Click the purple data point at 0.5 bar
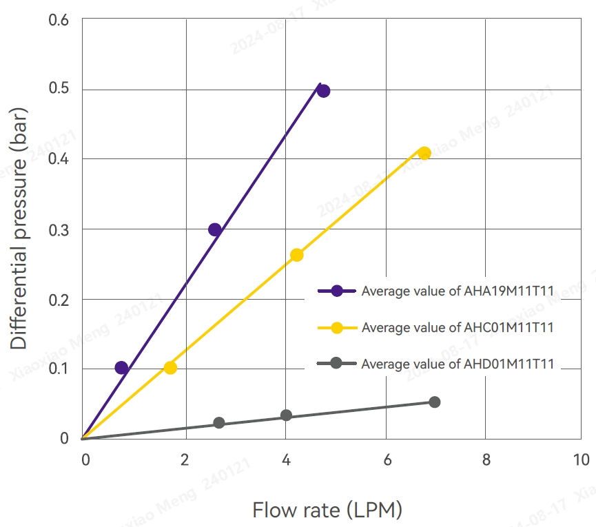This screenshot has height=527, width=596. (322, 91)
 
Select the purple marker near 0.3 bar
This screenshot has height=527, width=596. (215, 229)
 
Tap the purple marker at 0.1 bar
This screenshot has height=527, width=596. (121, 368)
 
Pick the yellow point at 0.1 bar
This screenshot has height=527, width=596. (170, 368)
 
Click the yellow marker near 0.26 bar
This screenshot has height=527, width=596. (297, 255)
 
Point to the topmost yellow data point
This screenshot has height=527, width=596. (424, 153)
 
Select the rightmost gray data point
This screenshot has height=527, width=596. (434, 402)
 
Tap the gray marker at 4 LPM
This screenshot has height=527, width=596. (286, 415)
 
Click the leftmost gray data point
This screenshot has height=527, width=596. (219, 423)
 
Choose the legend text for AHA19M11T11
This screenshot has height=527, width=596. (458, 291)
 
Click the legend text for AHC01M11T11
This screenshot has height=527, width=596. (458, 327)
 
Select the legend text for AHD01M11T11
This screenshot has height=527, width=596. (458, 364)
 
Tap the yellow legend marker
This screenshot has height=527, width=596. (336, 327)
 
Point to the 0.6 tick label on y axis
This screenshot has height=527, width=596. (59, 19)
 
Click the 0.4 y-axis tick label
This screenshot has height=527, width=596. (59, 159)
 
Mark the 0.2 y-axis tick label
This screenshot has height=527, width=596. (59, 299)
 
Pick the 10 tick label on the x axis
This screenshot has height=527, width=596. (580, 459)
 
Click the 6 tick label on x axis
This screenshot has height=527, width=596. (386, 459)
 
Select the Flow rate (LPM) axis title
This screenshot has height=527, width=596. (327, 510)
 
